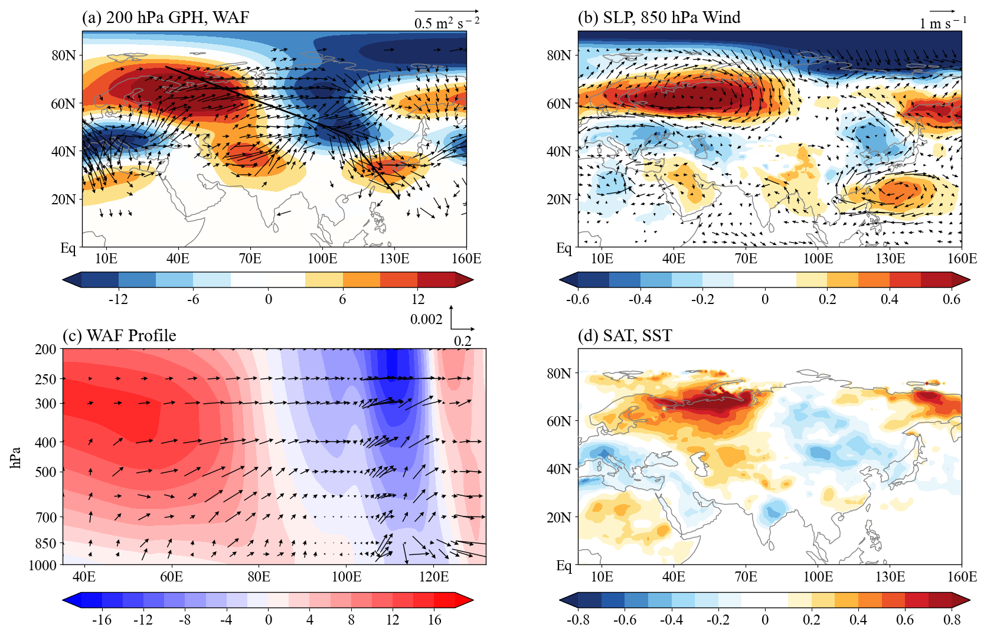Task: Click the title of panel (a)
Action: pyautogui.click(x=166, y=17)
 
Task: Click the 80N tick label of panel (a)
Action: pyautogui.click(x=64, y=55)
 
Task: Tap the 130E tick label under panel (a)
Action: pyautogui.click(x=394, y=259)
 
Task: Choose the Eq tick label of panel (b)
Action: pyautogui.click(x=564, y=247)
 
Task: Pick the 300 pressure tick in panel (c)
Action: pyautogui.click(x=46, y=404)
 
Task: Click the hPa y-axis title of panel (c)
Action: pyautogui.click(x=16, y=457)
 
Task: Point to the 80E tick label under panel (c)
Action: pyautogui.click(x=259, y=577)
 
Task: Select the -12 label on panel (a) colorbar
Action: pyautogui.click(x=118, y=300)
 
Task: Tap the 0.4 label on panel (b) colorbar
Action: pyautogui.click(x=889, y=300)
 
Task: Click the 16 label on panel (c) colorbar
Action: pyautogui.click(x=434, y=620)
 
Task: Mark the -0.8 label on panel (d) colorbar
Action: pyautogui.click(x=578, y=620)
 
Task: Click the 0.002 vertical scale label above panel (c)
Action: pyautogui.click(x=426, y=319)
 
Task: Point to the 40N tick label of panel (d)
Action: pyautogui.click(x=560, y=469)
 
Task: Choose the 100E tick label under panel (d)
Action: pyautogui.click(x=818, y=577)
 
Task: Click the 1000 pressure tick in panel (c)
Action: pyautogui.click(x=43, y=566)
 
